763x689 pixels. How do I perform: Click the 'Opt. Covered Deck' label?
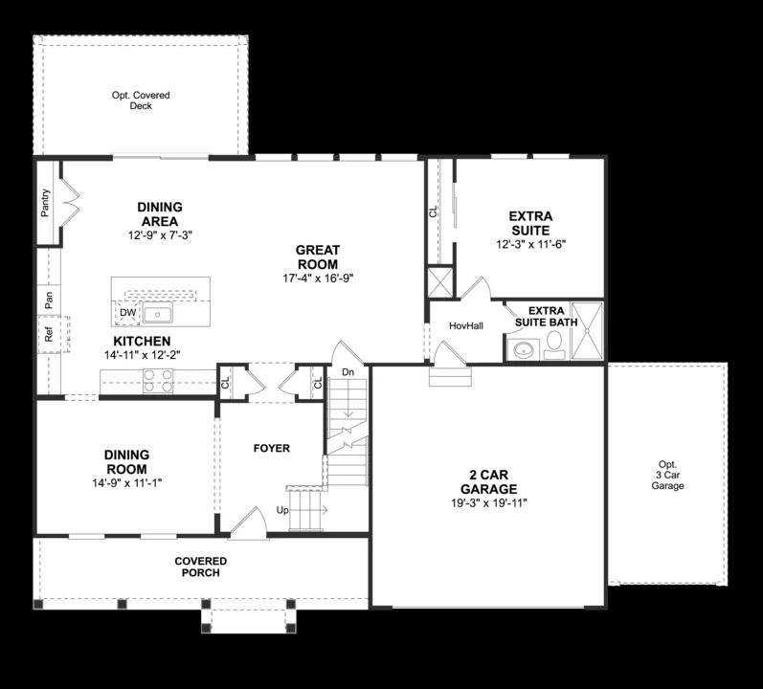tap(141, 100)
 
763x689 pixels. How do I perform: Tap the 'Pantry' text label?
tap(46, 203)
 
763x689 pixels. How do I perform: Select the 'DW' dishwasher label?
tap(127, 312)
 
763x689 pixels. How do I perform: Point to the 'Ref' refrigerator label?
tap(48, 335)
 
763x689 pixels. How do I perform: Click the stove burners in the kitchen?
tap(158, 387)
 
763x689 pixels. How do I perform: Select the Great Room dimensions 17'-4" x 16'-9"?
tap(318, 278)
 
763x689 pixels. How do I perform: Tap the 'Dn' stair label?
tap(348, 371)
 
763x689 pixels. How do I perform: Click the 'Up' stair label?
tap(282, 510)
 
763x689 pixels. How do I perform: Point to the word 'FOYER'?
tap(271, 448)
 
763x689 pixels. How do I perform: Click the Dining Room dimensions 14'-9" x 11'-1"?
tap(126, 483)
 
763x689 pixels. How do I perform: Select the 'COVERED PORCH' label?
tap(201, 567)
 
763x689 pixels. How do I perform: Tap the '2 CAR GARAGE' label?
tap(493, 482)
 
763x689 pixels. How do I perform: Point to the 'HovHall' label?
tap(466, 326)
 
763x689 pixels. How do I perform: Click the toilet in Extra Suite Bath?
tap(553, 350)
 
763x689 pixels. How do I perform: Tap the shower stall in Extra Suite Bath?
tap(586, 331)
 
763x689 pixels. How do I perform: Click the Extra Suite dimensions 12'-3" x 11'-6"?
tap(529, 245)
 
